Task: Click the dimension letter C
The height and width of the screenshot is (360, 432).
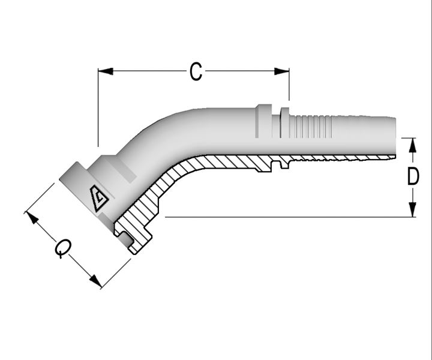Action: pyautogui.click(x=196, y=71)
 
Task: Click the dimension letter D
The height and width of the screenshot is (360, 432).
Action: pyautogui.click(x=413, y=176)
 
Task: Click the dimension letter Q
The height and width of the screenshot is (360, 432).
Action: pyautogui.click(x=64, y=248)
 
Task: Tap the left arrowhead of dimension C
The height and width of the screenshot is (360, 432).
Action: pyautogui.click(x=106, y=71)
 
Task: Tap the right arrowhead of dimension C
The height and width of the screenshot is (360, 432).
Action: pyautogui.click(x=281, y=71)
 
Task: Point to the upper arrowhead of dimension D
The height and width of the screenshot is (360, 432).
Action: pyautogui.click(x=412, y=145)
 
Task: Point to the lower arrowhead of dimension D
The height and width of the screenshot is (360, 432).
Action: pyautogui.click(x=412, y=209)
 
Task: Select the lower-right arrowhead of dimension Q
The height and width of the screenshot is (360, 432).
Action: pyautogui.click(x=95, y=281)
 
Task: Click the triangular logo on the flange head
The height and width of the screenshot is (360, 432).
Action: pyautogui.click(x=98, y=198)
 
